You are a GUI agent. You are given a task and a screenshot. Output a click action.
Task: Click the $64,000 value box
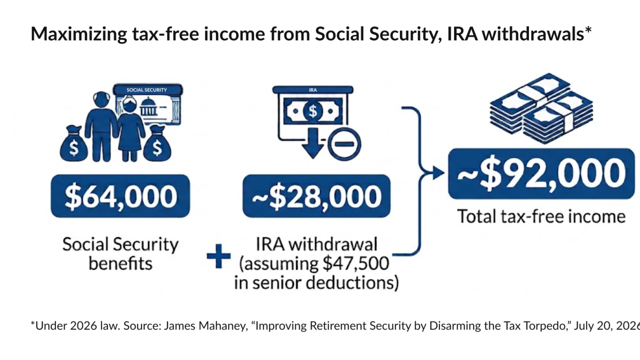120,196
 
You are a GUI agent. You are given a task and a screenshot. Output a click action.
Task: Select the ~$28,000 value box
316,196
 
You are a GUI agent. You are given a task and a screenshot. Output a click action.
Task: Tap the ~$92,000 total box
541,173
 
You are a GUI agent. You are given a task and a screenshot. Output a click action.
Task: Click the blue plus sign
218,256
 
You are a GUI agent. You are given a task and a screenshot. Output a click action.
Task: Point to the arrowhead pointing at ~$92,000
438,173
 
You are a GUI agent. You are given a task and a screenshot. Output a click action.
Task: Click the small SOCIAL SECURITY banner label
146,90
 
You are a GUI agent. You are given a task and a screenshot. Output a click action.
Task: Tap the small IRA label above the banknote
313,90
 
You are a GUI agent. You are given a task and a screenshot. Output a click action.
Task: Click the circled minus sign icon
344,144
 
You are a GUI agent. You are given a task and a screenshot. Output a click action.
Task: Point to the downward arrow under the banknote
313,143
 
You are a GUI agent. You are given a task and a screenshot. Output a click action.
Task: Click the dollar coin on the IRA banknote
313,111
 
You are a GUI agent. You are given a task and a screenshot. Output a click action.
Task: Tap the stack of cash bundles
541,108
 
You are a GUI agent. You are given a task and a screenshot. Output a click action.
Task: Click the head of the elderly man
101,99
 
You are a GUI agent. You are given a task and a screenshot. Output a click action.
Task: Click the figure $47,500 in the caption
355,263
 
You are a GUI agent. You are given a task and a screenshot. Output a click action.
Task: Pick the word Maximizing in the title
79,34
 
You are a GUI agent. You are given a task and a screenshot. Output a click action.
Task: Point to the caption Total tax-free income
541,216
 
